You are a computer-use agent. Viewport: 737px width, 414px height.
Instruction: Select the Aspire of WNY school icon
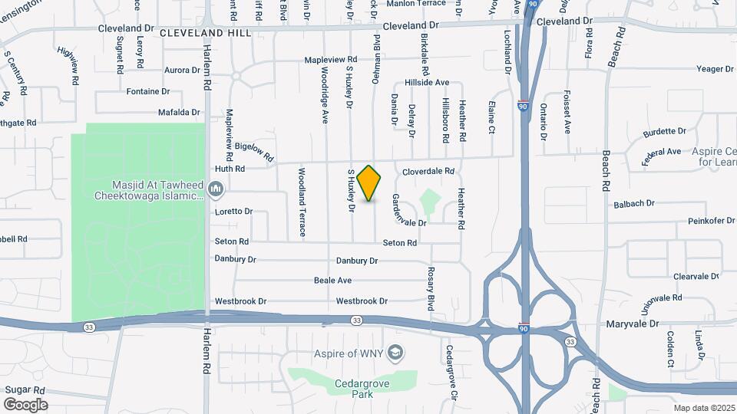tap(396, 353)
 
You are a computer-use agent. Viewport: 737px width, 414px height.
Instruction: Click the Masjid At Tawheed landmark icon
tap(216, 189)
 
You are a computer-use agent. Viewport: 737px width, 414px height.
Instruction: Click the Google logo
tap(25, 404)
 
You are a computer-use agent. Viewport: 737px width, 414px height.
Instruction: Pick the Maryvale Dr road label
tap(632, 324)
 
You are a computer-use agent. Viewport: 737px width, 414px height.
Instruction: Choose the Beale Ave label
tap(332, 281)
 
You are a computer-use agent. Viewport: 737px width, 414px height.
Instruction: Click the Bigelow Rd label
tap(254, 150)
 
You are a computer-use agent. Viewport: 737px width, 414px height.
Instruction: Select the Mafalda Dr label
tap(179, 112)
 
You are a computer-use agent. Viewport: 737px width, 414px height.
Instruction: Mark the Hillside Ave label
tap(426, 83)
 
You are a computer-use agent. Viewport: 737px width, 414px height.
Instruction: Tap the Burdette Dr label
tap(665, 132)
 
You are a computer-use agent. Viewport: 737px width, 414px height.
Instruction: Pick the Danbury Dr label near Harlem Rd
tap(235, 259)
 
